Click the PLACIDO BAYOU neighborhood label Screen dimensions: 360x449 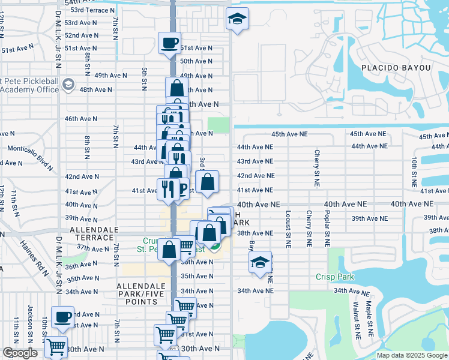click(x=396, y=68)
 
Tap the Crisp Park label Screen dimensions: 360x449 click(x=335, y=277)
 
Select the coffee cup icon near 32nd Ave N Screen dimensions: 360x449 click(x=62, y=316)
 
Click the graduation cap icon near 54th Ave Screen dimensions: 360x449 click(x=237, y=19)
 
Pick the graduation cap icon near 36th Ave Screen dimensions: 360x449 click(x=260, y=262)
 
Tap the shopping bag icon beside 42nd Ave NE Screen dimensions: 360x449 click(x=206, y=182)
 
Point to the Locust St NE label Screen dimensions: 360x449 click(x=289, y=229)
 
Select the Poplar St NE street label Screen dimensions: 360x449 click(x=327, y=229)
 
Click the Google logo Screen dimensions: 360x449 click(x=20, y=353)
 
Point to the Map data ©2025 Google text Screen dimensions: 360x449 click(x=412, y=355)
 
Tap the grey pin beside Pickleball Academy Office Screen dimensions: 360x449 click(x=68, y=84)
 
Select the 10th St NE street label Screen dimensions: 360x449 click(x=414, y=170)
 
